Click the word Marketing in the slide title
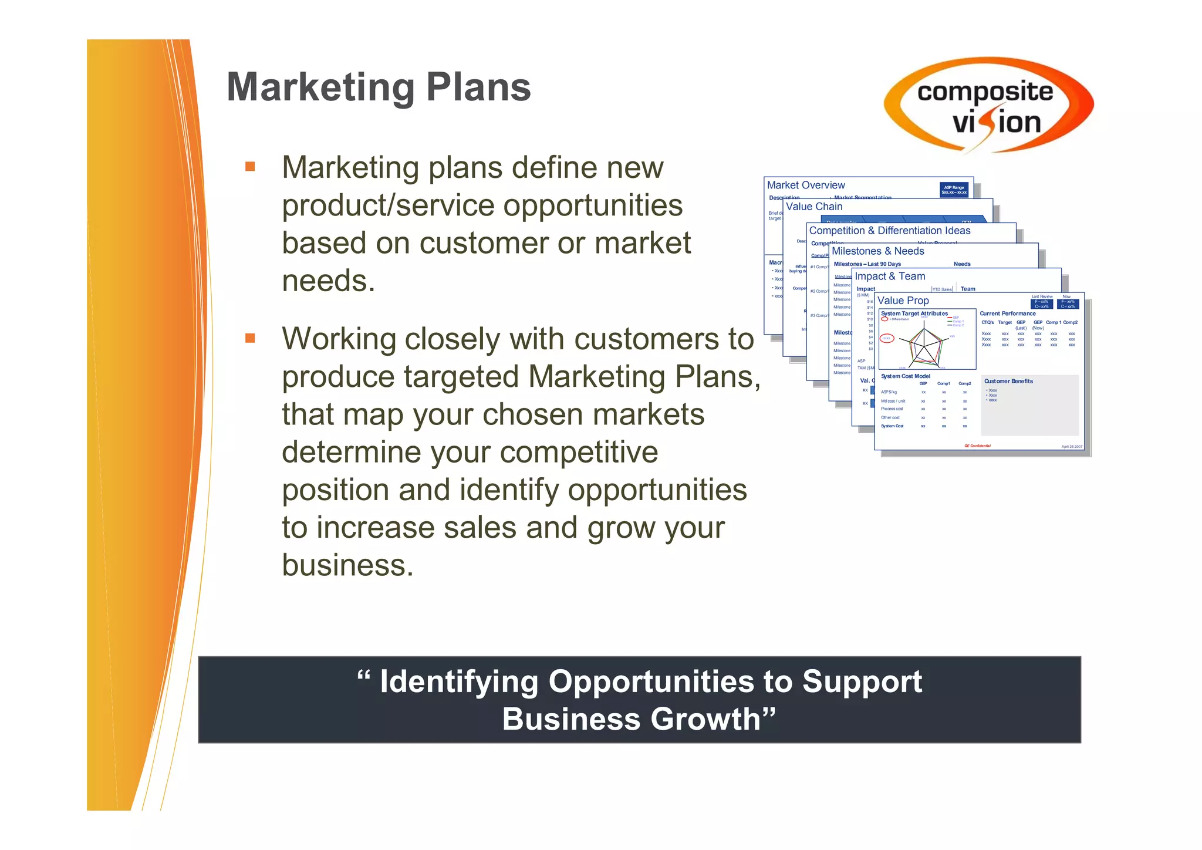point(320,88)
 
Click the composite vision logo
point(988,106)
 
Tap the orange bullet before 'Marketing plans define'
point(250,167)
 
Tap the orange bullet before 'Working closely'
point(250,338)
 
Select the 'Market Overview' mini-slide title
point(806,185)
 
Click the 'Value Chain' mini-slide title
point(814,207)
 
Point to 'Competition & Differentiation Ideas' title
point(889,231)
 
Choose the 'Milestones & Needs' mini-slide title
point(877,251)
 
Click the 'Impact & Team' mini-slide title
point(890,276)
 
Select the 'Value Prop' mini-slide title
point(903,301)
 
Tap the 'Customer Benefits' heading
point(1008,382)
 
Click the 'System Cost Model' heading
point(905,376)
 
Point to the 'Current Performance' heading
point(1007,314)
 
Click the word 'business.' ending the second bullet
point(347,565)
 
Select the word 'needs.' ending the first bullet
point(328,281)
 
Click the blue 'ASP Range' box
point(954,190)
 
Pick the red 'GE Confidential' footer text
point(977,446)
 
